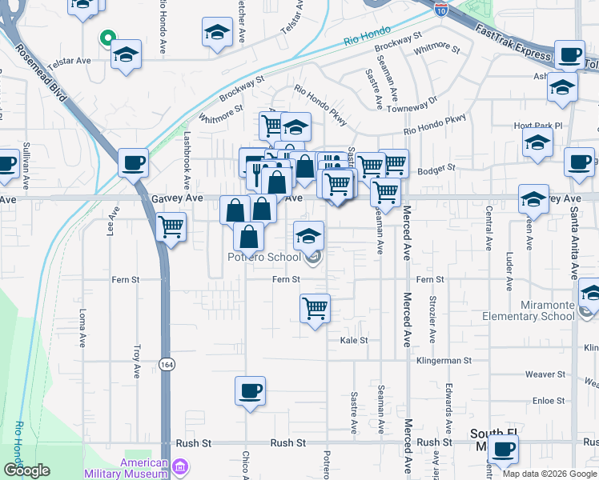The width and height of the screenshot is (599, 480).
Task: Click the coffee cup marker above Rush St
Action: pos(250,391)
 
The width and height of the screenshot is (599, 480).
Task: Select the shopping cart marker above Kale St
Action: pos(315,306)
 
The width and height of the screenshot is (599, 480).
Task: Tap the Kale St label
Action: pos(353,340)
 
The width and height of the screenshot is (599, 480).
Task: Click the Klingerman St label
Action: pos(444,361)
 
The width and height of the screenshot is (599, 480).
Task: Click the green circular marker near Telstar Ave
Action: pos(106,37)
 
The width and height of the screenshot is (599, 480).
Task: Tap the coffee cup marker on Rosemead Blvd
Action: pos(132,163)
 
